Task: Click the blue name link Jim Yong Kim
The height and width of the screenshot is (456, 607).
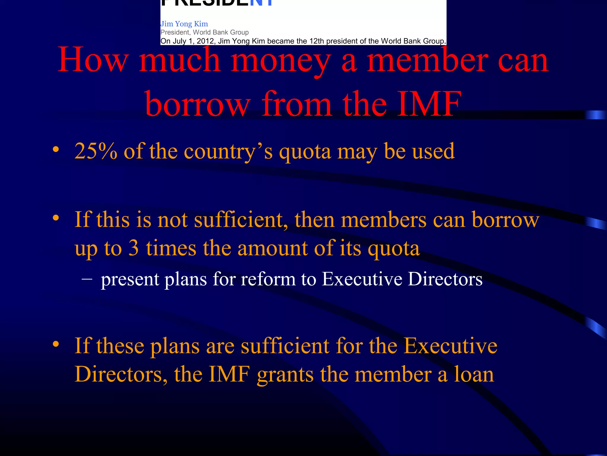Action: coord(184,24)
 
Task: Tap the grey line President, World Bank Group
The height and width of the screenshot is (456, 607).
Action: coord(205,32)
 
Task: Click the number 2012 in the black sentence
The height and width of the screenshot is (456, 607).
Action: coord(205,41)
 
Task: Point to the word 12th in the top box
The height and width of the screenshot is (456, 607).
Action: coord(317,41)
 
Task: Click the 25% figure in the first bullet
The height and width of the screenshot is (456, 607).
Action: coord(96,151)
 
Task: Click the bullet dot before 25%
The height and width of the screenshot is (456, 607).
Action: coord(55,149)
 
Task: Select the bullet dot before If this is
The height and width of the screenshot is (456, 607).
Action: coord(55,218)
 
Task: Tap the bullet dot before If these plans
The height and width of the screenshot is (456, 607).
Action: coord(55,344)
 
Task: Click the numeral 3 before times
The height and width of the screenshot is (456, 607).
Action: coord(133,248)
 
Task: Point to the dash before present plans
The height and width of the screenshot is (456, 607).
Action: coord(87,279)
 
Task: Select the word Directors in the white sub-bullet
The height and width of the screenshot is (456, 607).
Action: coord(445,279)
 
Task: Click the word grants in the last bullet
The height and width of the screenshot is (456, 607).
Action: coord(285,374)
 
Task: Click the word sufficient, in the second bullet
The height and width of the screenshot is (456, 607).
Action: coord(241,220)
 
